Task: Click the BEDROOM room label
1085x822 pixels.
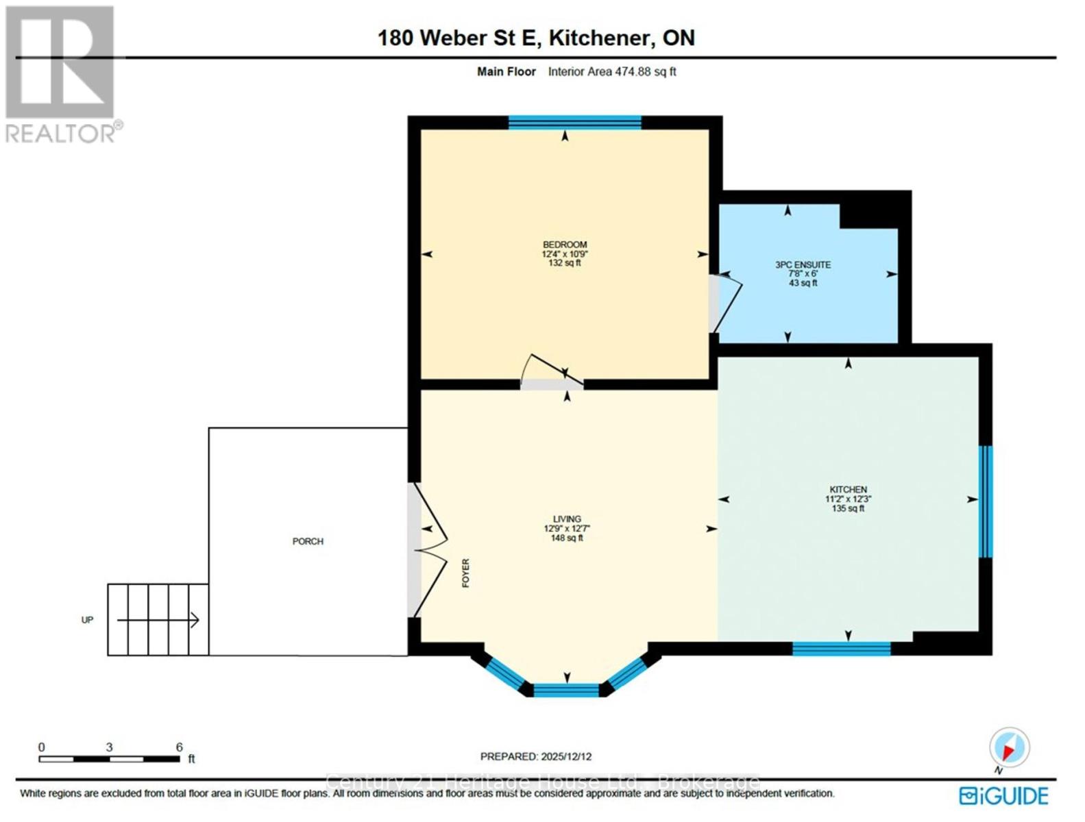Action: coord(565,245)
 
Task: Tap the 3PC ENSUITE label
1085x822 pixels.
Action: coord(803,264)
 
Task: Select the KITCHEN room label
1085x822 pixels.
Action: coord(848,489)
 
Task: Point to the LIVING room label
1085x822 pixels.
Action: coord(567,519)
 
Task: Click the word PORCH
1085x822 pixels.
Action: coord(308,541)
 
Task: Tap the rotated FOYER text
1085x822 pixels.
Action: coord(466,573)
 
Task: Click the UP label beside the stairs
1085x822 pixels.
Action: coord(87,620)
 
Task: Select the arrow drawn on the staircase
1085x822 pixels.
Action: coord(158,621)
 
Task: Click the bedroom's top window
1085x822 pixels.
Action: coord(574,123)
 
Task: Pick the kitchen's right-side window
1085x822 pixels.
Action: coord(985,502)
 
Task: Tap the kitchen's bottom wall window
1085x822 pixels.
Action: coord(841,648)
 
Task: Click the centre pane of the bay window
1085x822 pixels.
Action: coord(566,689)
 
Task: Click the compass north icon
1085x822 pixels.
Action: coord(1009,747)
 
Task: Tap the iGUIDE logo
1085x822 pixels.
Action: coord(1004,796)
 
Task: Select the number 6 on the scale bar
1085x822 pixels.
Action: coord(180,747)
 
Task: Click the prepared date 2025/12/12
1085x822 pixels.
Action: coord(566,756)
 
